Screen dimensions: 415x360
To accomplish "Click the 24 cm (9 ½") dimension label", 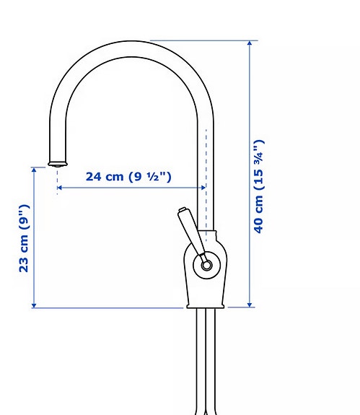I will pos(128,177).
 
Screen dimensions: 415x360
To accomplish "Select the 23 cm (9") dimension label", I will pos(25,237).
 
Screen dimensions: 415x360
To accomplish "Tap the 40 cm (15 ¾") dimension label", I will pos(259,186).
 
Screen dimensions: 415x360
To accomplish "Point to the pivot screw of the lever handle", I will pos(207,265).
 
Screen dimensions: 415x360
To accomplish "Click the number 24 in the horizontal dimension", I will pos(95,177).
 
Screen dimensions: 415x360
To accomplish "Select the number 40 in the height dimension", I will pos(259,223).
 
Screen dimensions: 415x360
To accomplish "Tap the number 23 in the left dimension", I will pos(25,263).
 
